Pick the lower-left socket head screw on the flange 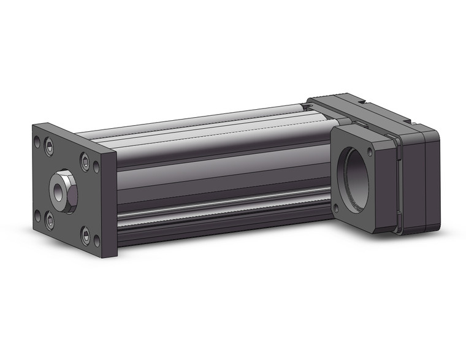(49, 219)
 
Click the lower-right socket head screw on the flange (85, 236)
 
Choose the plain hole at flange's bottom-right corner (96, 241)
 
